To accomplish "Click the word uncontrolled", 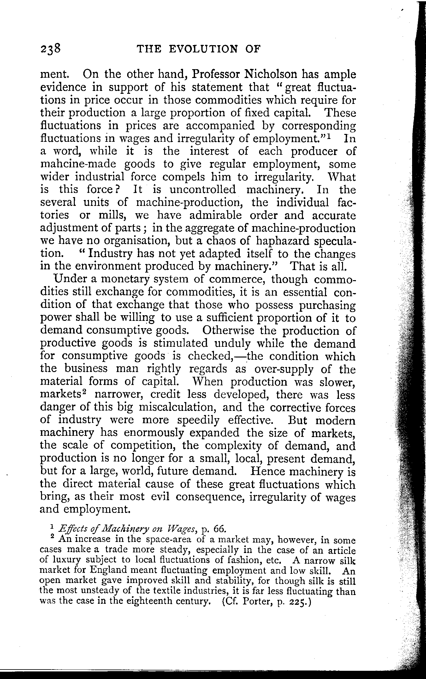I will click(x=203, y=189).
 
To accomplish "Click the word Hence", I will click(x=267, y=472).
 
